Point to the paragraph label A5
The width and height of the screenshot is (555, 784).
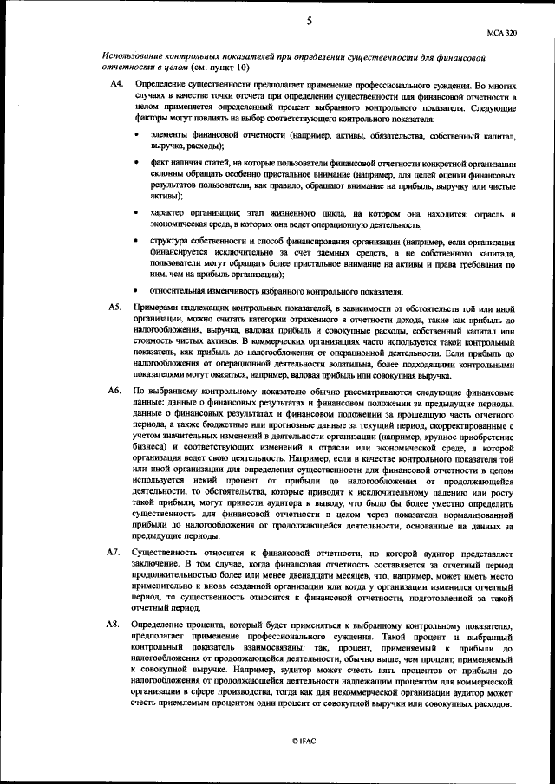tap(114, 308)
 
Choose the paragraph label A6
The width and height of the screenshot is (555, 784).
tap(114, 392)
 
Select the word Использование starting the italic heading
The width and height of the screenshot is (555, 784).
tap(134, 55)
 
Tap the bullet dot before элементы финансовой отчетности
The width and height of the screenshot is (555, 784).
tap(138, 137)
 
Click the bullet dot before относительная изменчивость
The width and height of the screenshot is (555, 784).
tap(138, 290)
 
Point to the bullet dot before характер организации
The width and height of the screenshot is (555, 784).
tap(138, 214)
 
